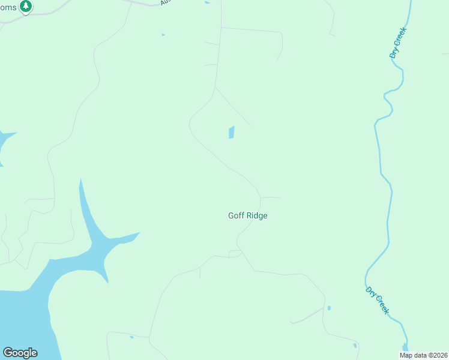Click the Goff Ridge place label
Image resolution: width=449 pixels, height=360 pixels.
[x=247, y=216]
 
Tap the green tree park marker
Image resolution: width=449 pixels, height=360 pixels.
[x=25, y=6]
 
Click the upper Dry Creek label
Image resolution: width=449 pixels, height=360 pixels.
[x=398, y=42]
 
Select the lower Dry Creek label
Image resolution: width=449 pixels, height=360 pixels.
[x=378, y=301]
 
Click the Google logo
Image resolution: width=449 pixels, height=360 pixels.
[x=20, y=353]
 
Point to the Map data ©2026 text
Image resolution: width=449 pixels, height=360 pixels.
[x=424, y=355]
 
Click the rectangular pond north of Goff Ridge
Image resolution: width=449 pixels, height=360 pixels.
[x=231, y=133]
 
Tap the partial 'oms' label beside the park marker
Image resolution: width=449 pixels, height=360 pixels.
[x=8, y=7]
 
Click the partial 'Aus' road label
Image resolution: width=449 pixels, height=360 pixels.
[x=166, y=3]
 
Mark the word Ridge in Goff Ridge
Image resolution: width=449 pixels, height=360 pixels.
[x=256, y=216]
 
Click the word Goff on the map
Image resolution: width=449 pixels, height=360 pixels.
[x=236, y=216]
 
